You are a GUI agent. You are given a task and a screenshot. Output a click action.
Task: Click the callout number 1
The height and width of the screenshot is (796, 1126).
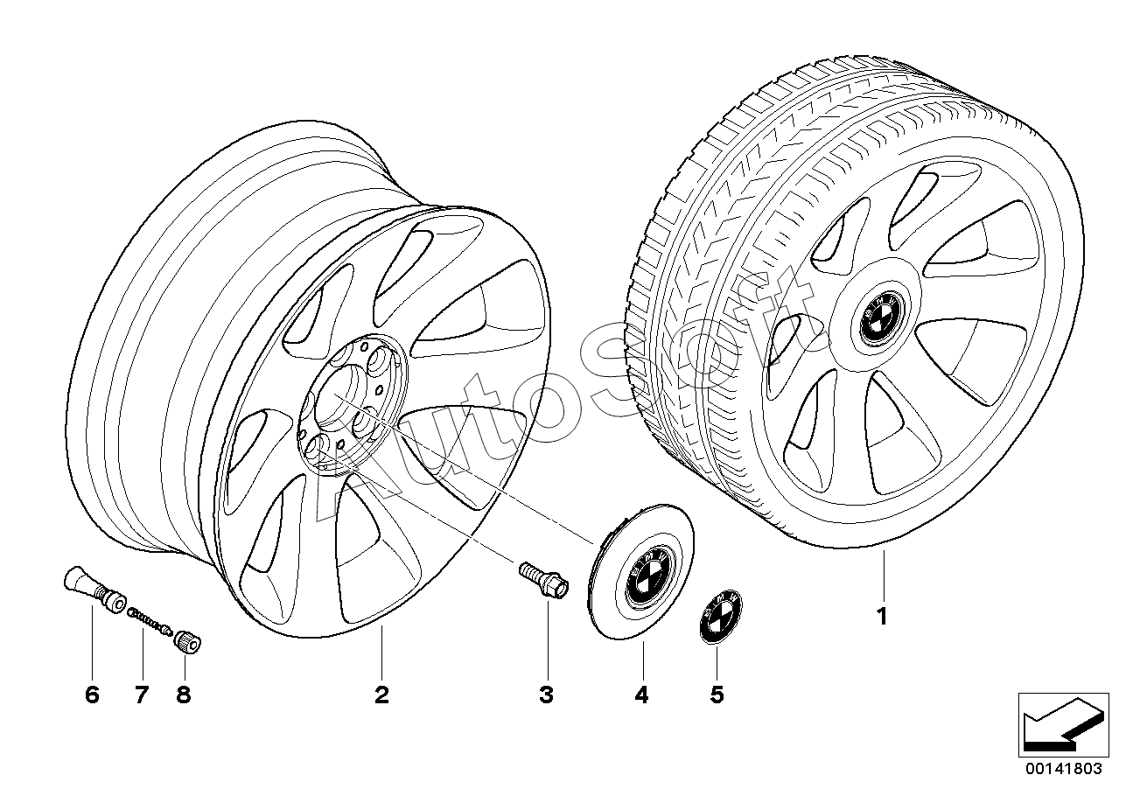[x=882, y=616]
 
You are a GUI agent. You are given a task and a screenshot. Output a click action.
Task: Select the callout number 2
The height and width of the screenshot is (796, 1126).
[x=381, y=695]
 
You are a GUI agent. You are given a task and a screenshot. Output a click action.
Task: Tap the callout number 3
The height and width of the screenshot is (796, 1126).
[x=547, y=695]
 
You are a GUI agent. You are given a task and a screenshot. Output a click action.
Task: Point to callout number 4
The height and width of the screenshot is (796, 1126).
[x=642, y=695]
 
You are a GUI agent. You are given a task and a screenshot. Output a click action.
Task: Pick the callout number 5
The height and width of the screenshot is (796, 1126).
[x=717, y=695]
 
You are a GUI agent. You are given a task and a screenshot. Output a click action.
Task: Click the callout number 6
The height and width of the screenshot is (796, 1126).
[x=93, y=695]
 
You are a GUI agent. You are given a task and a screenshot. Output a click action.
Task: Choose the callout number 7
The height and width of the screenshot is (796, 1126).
[x=143, y=695]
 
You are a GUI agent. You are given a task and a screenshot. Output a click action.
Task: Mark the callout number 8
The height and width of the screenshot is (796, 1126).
[x=184, y=695]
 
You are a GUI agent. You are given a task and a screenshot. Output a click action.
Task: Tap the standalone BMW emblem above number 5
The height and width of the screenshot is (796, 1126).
[x=720, y=617]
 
